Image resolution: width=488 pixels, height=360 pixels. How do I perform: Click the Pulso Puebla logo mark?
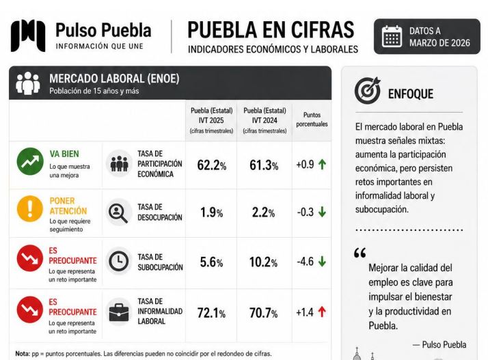tap(28, 36)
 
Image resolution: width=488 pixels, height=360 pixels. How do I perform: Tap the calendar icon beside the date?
tap(392, 36)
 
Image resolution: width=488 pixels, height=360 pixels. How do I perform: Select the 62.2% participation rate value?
tap(212, 165)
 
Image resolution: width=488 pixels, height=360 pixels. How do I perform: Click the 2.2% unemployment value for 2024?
tap(263, 212)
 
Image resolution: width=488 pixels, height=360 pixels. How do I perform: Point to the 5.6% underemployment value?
tap(211, 262)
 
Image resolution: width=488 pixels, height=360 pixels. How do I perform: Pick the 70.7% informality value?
tap(263, 313)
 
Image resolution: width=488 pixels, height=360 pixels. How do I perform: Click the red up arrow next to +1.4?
tap(322, 311)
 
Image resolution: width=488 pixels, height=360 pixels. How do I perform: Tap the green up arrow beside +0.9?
tap(323, 164)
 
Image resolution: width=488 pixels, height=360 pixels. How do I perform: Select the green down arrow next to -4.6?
tap(322, 262)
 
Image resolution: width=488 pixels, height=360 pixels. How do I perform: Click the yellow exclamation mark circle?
tap(30, 209)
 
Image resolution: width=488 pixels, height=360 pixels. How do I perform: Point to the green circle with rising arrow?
tap(30, 161)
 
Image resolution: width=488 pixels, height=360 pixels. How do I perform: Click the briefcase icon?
tap(119, 312)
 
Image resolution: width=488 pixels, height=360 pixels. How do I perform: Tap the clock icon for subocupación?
tap(118, 261)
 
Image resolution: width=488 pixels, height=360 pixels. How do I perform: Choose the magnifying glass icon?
tap(118, 213)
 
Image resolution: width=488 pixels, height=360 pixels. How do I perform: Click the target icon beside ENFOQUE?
tap(368, 90)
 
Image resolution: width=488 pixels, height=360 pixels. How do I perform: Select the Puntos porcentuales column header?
tap(312, 120)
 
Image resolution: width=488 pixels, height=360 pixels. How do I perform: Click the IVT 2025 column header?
tap(212, 121)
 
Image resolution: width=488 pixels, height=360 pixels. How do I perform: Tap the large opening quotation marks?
tap(360, 253)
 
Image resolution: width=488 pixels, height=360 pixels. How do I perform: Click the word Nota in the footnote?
tap(23, 354)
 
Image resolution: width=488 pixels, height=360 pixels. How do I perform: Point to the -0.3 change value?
tap(306, 212)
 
